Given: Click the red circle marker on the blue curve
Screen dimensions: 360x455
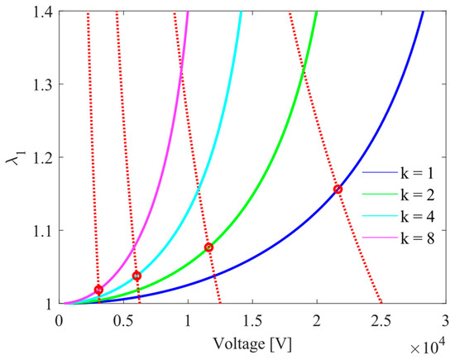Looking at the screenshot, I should click(338, 190).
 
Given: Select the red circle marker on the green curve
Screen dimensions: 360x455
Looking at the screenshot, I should click(208, 247).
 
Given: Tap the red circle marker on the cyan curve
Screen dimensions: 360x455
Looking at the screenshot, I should click(136, 276).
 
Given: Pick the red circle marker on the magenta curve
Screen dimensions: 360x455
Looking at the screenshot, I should click(98, 290).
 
